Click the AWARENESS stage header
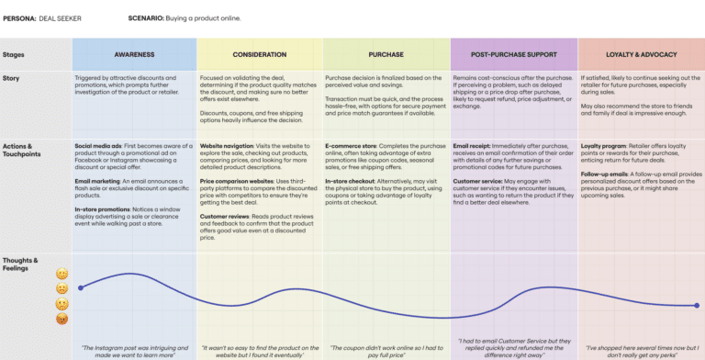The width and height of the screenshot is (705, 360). coord(134,54)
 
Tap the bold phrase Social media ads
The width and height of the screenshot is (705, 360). coord(95,146)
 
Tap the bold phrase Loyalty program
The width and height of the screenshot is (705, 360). coord(602,146)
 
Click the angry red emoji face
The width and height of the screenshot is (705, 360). coord(62,319)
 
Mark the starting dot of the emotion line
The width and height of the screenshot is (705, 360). coord(81,287)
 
